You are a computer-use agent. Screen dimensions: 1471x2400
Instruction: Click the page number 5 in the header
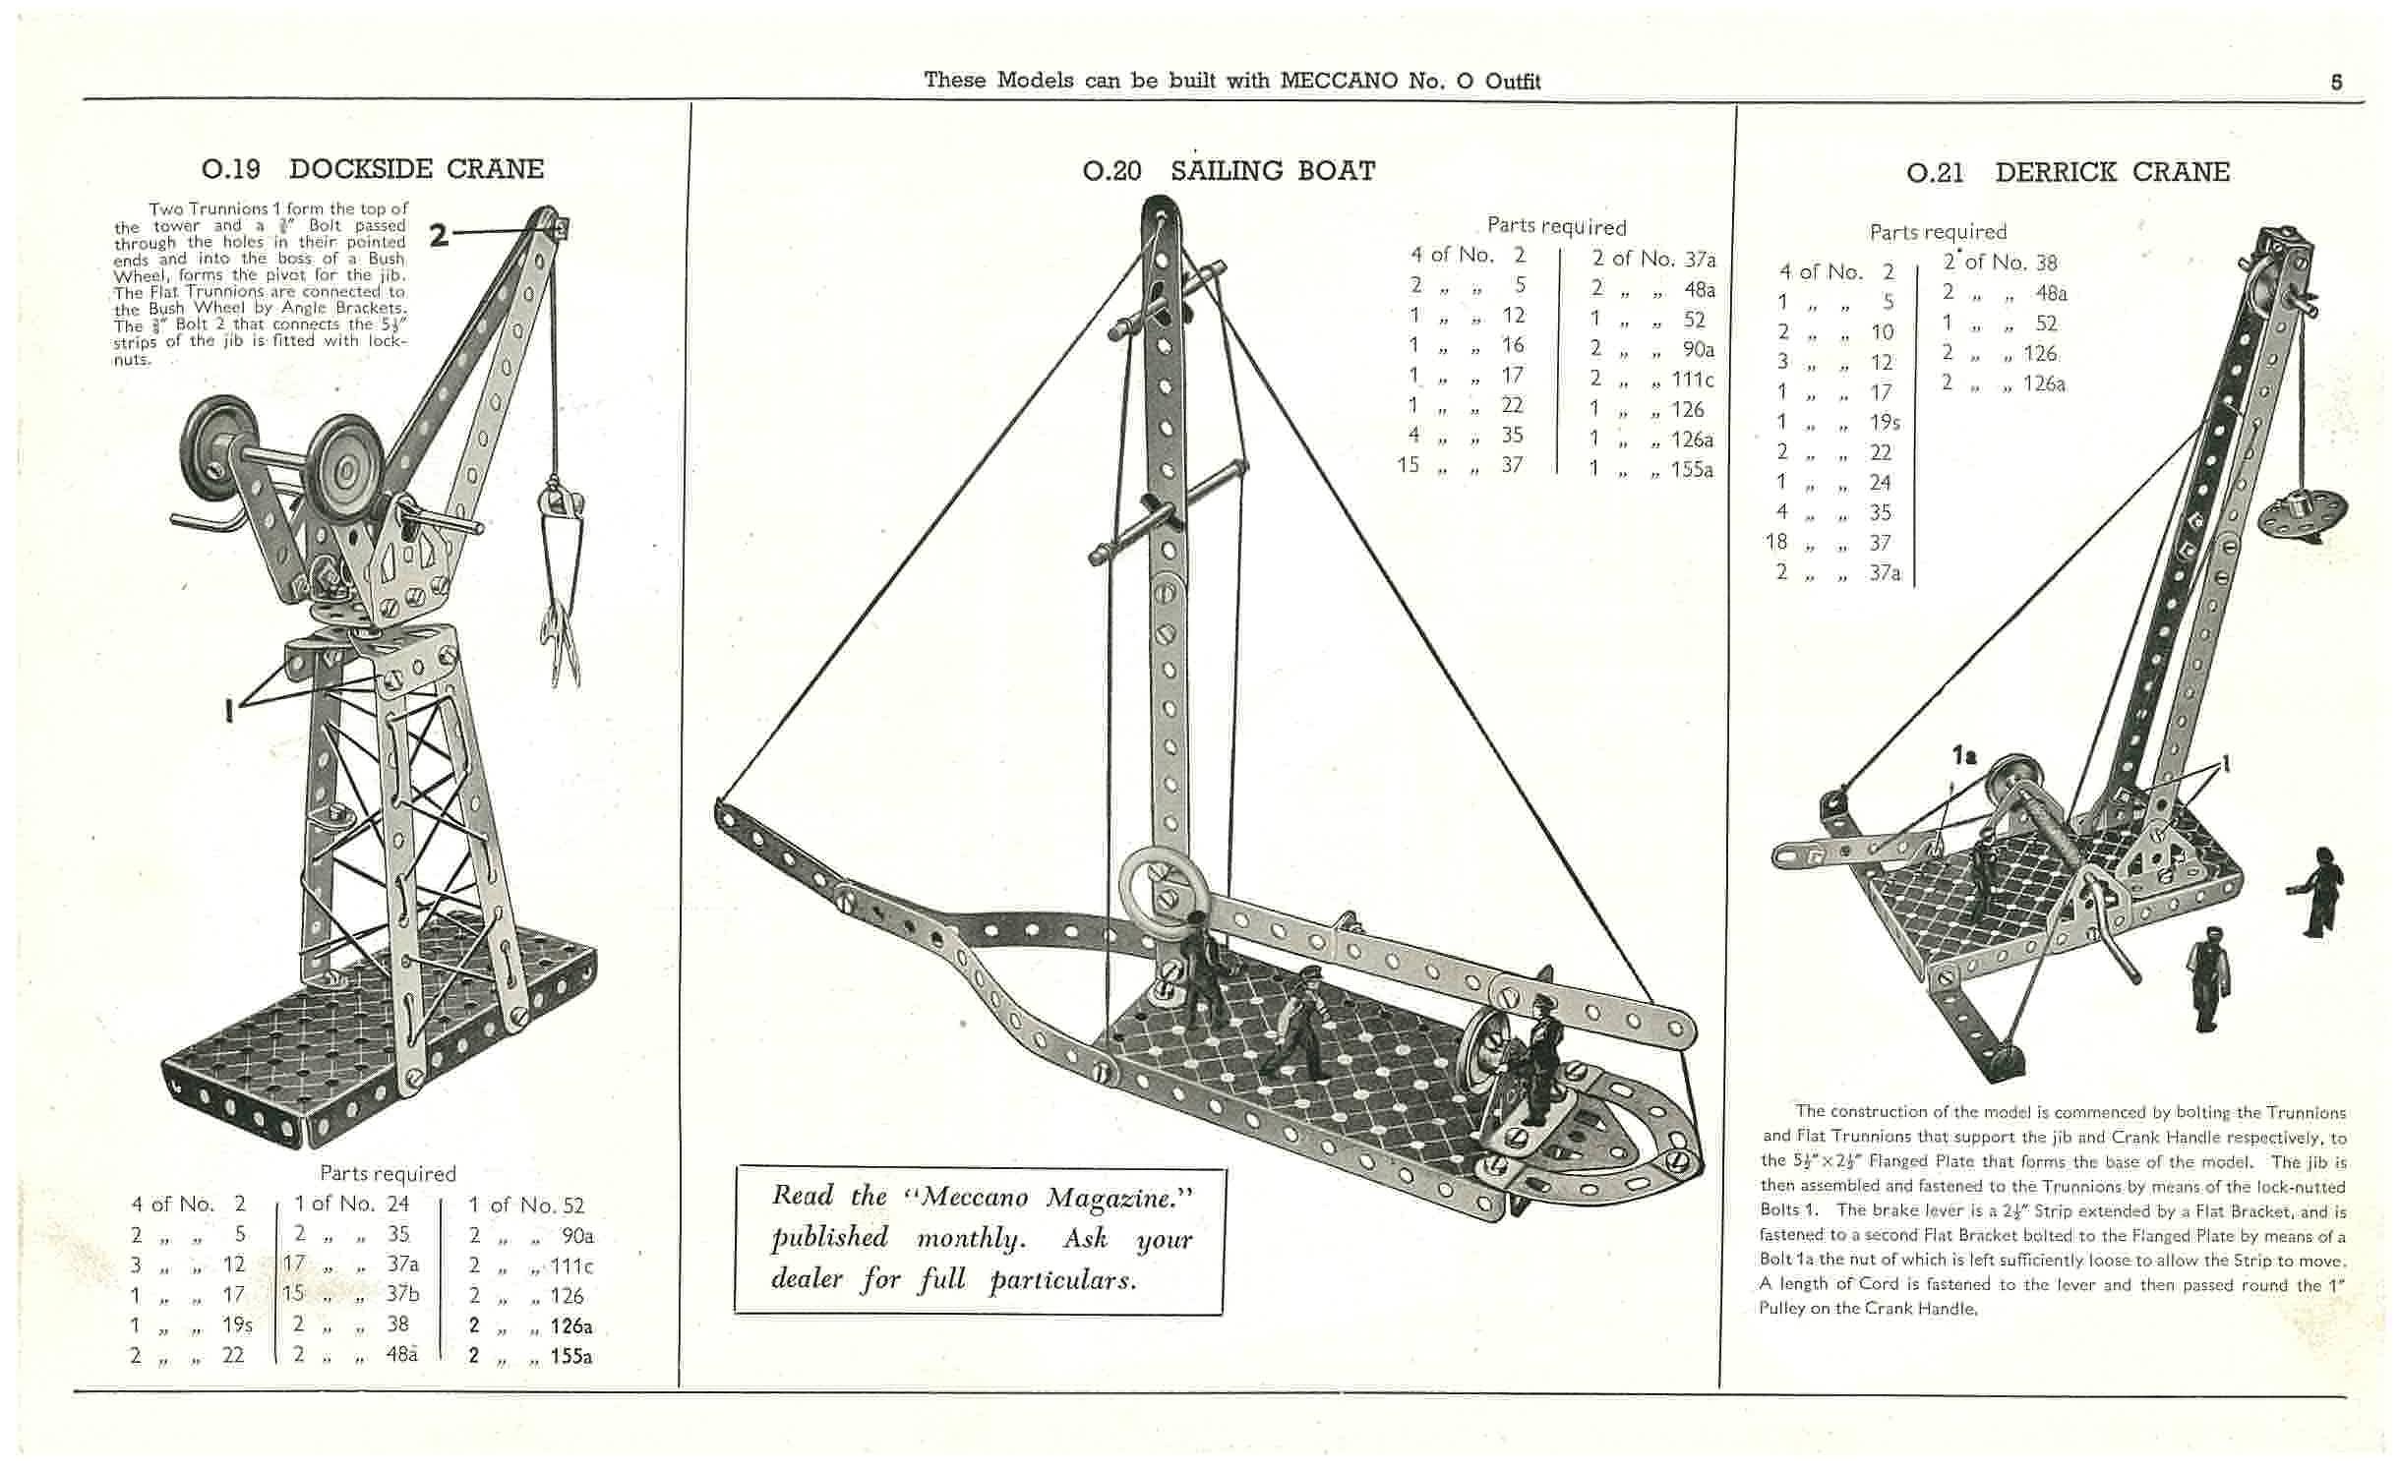coord(2336,83)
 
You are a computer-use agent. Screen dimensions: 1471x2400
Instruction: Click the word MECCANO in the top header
coord(1339,81)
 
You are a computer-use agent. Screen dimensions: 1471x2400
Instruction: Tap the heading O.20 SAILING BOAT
coord(1229,171)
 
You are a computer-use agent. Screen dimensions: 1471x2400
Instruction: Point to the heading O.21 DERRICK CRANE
coord(2068,173)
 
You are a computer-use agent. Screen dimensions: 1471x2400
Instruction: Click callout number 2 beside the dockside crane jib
coord(439,234)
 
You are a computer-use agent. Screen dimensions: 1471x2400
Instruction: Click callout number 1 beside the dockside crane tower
coord(230,709)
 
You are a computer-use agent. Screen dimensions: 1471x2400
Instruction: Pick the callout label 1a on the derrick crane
coord(1963,755)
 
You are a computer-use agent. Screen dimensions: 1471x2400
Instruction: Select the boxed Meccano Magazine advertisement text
coord(980,1238)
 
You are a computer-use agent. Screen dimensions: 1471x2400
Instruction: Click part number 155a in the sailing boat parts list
coord(1692,470)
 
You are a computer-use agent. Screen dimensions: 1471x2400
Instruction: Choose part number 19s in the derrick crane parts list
coord(1885,423)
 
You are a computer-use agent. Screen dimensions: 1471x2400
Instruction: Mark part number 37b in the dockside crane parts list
coord(400,1294)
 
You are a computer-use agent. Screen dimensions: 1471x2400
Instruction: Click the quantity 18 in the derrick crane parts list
coord(1775,542)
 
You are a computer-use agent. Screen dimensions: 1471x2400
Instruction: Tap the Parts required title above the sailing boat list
coord(1556,226)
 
